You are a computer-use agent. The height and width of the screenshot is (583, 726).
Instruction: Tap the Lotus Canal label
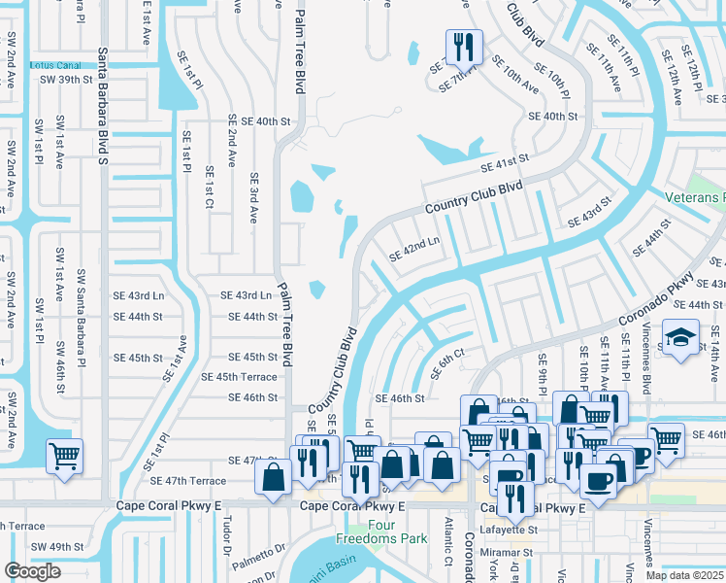point(49,65)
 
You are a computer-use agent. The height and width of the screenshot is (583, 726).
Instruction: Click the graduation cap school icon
point(679,339)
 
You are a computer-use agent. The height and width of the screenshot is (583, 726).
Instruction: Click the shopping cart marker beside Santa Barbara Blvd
point(64,455)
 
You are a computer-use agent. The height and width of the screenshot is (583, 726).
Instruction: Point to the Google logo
point(32,571)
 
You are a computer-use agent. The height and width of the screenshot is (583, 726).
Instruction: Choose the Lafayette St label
point(511,530)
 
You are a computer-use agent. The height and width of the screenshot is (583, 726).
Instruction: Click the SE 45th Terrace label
point(239,377)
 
